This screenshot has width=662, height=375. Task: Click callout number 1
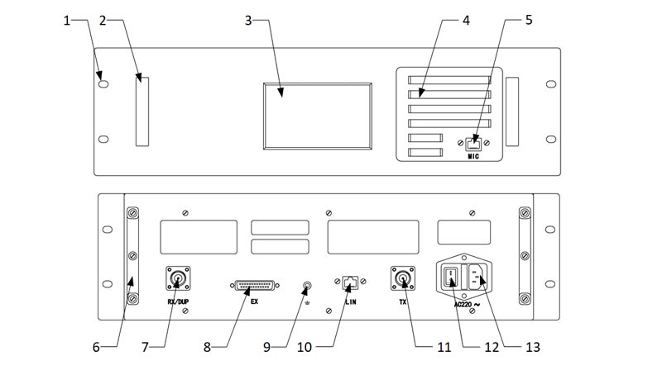click(x=67, y=21)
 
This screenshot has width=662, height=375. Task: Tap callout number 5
click(x=529, y=21)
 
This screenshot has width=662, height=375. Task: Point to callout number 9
click(x=266, y=348)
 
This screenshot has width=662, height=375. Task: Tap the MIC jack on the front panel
click(x=474, y=142)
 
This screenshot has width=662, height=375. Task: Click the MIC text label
click(x=473, y=155)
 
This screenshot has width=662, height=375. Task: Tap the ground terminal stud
click(x=308, y=287)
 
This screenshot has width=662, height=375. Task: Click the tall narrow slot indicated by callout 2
click(x=142, y=112)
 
